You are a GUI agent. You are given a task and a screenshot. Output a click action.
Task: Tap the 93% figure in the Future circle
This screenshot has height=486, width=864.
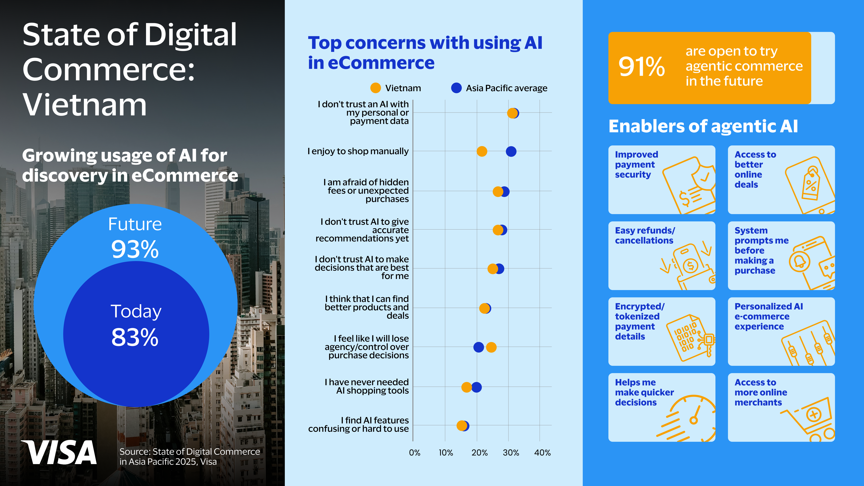pyautogui.click(x=135, y=250)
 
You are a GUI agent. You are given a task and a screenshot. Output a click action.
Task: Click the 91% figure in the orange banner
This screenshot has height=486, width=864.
pyautogui.click(x=641, y=67)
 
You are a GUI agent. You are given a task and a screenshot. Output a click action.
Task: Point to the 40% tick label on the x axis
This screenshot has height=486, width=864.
pyautogui.click(x=542, y=453)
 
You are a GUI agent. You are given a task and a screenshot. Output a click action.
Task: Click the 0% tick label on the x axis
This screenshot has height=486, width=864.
pyautogui.click(x=415, y=453)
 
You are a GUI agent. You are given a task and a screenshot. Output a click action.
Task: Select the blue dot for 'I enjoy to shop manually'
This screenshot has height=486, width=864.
pyautogui.click(x=511, y=152)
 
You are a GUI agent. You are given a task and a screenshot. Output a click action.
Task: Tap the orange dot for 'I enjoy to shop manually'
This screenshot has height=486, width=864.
pyautogui.click(x=482, y=152)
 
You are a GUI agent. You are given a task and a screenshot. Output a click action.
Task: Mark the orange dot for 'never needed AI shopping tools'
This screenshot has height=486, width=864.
pyautogui.click(x=466, y=387)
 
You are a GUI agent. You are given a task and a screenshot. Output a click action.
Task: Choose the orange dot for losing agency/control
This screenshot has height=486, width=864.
pyautogui.click(x=491, y=347)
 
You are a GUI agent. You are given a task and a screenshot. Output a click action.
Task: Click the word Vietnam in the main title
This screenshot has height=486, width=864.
pyautogui.click(x=85, y=105)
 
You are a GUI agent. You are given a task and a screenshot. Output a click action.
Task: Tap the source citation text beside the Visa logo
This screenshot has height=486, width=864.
pyautogui.click(x=189, y=457)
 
